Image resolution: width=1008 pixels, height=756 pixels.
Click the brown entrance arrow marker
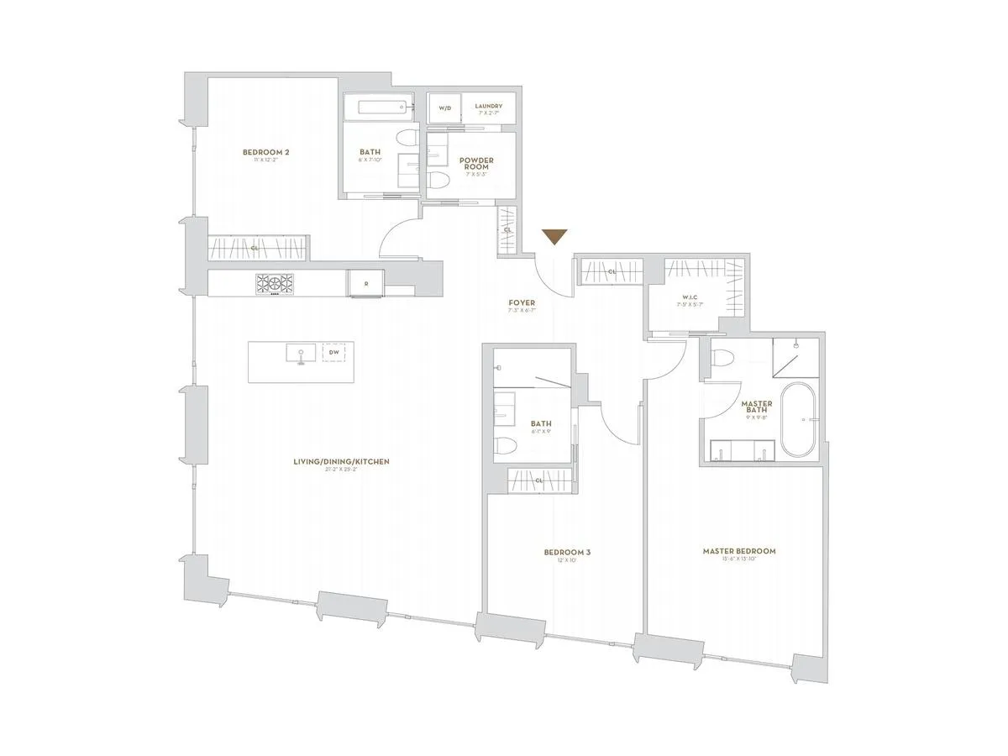(554, 237)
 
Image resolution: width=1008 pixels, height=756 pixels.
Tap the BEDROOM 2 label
(265, 152)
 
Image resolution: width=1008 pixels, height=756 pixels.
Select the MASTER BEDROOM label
(739, 552)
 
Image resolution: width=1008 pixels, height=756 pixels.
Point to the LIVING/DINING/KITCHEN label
(341, 462)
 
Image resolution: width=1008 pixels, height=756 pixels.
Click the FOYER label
(522, 303)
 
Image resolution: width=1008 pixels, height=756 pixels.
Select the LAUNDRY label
(488, 107)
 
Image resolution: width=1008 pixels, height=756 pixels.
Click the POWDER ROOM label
(475, 163)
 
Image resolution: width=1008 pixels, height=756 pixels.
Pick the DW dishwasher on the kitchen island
(334, 353)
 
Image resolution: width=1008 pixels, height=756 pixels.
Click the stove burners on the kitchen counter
(276, 284)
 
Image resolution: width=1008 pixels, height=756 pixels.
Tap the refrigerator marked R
(365, 284)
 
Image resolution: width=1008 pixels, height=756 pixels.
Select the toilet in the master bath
(721, 359)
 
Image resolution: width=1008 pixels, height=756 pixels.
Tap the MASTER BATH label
(756, 407)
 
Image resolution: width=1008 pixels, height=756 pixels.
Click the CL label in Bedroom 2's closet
(254, 249)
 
